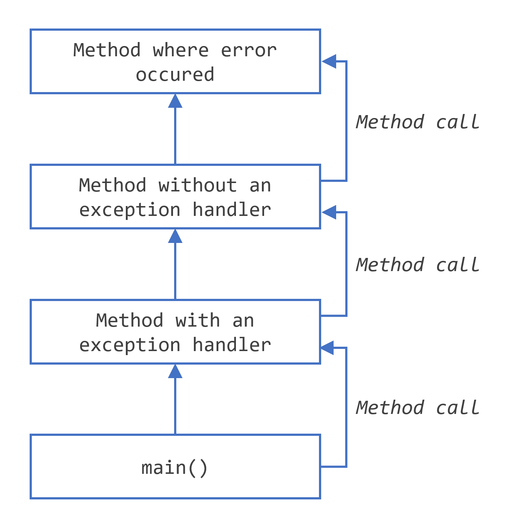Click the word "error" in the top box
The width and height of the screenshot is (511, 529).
click(x=249, y=50)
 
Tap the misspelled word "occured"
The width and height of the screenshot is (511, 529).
click(x=175, y=75)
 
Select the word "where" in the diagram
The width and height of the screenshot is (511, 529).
click(x=181, y=50)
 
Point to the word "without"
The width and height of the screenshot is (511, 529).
click(x=198, y=186)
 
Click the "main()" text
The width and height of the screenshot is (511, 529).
click(x=175, y=468)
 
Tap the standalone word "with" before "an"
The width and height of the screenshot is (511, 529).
click(x=198, y=321)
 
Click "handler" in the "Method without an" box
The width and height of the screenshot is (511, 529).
click(x=232, y=210)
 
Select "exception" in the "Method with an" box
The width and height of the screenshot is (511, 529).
click(x=130, y=345)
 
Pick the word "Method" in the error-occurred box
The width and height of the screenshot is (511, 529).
click(x=107, y=50)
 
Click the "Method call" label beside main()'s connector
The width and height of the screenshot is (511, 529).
click(x=417, y=408)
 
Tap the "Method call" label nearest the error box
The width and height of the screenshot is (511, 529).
click(x=417, y=122)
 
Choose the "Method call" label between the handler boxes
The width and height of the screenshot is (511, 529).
click(x=417, y=265)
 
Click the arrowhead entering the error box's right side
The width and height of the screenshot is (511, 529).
click(x=329, y=61)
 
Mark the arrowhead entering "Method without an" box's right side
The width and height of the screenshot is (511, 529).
click(x=329, y=212)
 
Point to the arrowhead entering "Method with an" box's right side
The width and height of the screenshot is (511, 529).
click(x=327, y=348)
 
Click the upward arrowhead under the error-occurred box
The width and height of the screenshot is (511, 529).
click(x=175, y=101)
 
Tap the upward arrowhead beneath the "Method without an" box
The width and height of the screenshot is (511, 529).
click(x=175, y=236)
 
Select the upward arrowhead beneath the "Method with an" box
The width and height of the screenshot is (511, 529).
click(x=175, y=372)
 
